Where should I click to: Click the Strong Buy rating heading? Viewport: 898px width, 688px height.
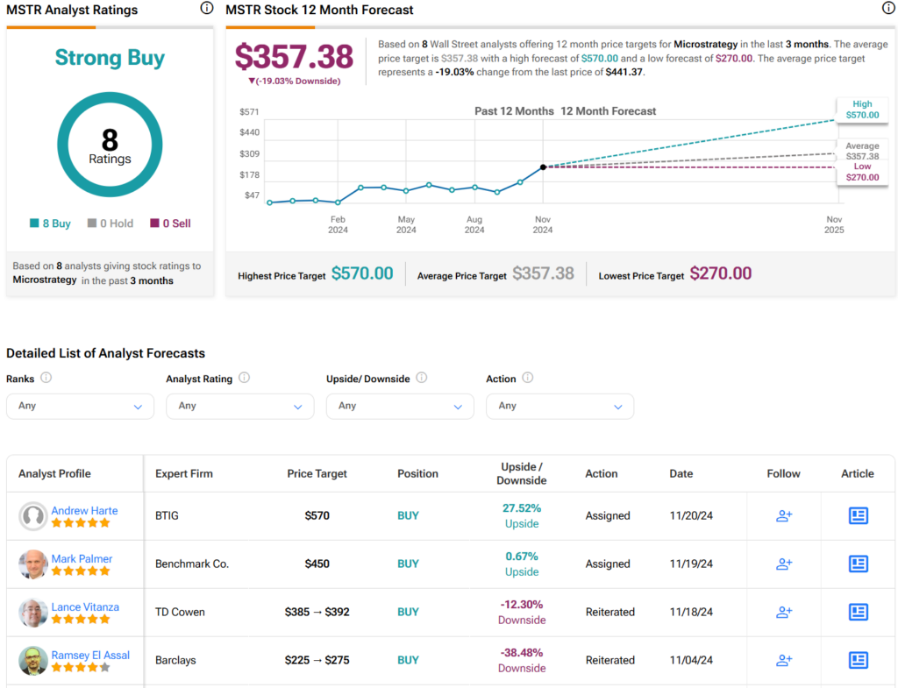[x=110, y=58]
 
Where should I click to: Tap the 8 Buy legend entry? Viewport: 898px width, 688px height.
[x=50, y=223]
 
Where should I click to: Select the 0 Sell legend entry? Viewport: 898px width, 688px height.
[x=170, y=223]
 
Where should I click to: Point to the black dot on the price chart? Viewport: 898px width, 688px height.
[x=543, y=167]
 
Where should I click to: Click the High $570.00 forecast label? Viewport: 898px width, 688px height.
[x=862, y=110]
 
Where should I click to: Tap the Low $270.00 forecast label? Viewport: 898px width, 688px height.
[x=862, y=172]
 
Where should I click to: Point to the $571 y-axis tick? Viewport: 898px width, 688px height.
[x=249, y=111]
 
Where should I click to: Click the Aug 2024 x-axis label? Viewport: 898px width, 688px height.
[x=474, y=224]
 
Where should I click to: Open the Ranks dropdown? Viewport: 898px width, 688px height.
[x=80, y=406]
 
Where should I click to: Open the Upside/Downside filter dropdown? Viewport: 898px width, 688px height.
[x=400, y=406]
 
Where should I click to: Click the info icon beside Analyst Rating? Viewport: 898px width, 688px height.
[x=244, y=378]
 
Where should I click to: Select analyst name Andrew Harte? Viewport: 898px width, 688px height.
[x=85, y=510]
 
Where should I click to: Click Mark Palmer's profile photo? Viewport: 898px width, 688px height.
[x=32, y=564]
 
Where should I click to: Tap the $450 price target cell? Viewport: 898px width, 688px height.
[x=317, y=564]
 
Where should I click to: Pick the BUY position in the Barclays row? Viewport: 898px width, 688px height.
[x=408, y=660]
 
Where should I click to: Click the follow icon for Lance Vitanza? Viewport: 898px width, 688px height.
[x=784, y=612]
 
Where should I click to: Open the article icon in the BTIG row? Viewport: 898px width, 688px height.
[x=858, y=515]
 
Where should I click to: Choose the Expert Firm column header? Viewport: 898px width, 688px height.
[x=184, y=473]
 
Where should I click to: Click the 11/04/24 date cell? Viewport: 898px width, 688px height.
[x=691, y=660]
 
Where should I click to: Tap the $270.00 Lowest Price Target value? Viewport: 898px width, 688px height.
[x=721, y=273]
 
